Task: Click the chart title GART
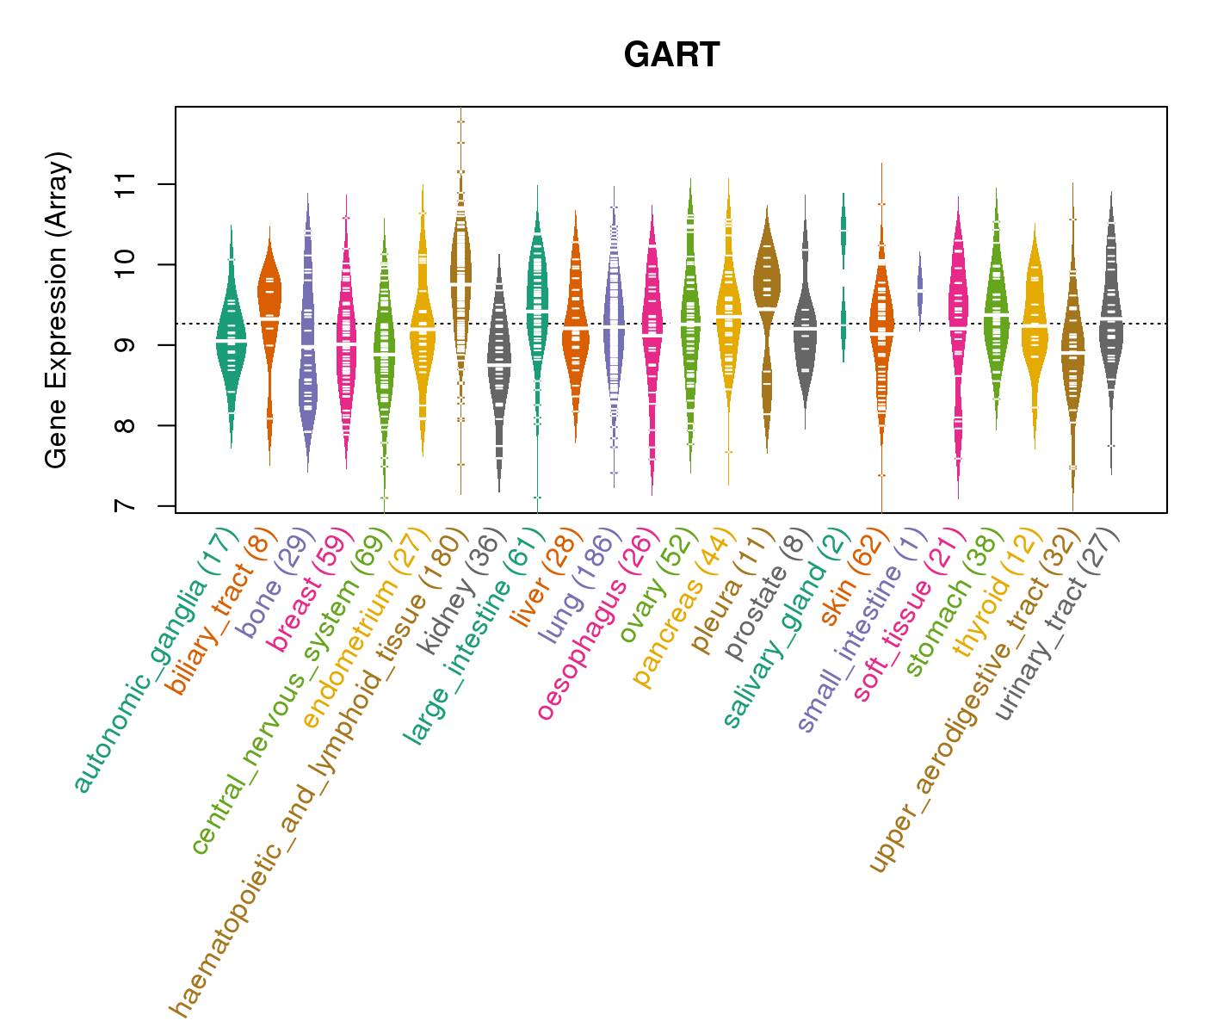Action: (671, 56)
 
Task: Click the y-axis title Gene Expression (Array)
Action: (57, 310)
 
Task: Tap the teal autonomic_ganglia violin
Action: (231, 336)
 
